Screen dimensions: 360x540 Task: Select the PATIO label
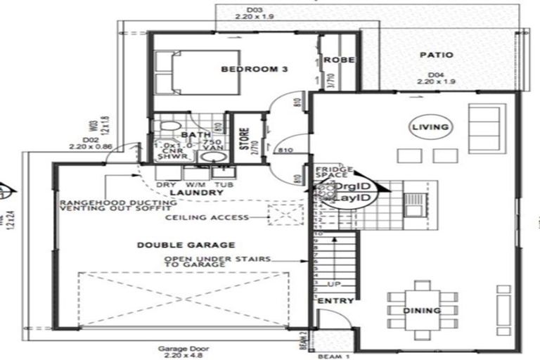tap(437, 55)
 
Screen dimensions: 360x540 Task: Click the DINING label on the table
tap(422, 310)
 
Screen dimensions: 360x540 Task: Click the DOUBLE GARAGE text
tap(186, 245)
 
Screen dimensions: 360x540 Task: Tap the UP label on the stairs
tap(335, 284)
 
